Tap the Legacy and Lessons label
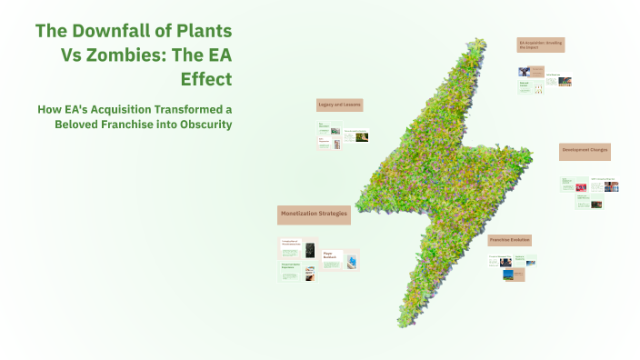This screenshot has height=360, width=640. coord(339,105)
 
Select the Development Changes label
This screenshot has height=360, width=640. coord(585,149)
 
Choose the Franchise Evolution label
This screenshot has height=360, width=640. coord(509,239)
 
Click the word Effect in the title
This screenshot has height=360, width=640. coord(206,77)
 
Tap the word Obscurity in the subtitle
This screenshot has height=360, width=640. coord(200,124)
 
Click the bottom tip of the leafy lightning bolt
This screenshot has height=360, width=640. coord(401,324)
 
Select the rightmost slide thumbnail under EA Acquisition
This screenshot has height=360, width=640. coord(565,82)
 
